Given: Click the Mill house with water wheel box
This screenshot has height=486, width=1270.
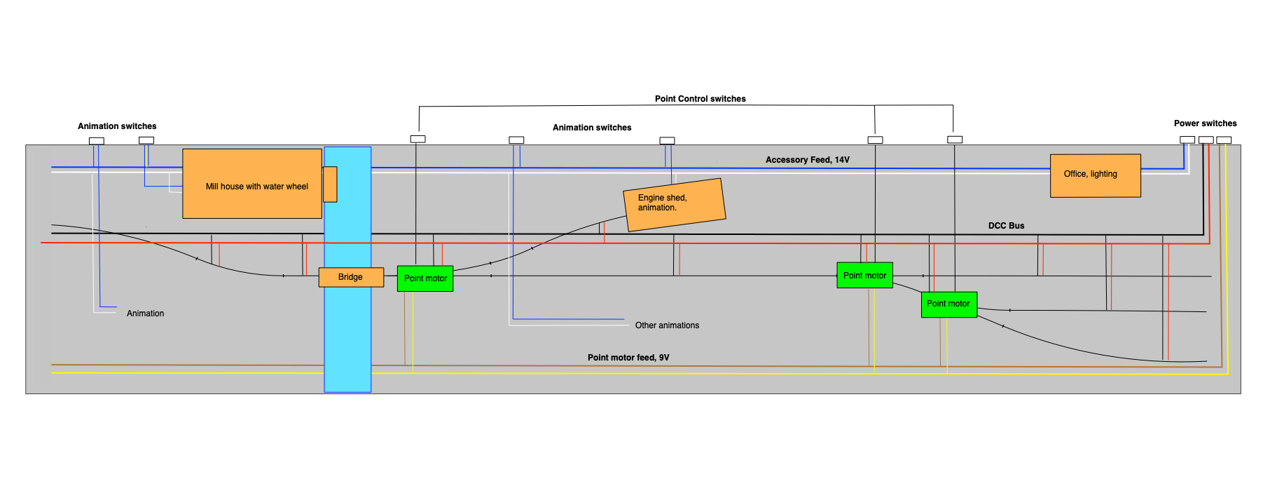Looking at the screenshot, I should [x=252, y=184].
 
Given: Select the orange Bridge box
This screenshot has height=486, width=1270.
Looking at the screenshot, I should [x=351, y=277].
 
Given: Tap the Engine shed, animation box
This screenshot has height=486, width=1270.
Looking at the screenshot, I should [x=674, y=204].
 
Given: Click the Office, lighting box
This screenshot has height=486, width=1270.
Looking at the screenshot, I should [x=1095, y=175].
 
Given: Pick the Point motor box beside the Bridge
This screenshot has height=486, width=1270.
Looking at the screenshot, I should [x=425, y=278].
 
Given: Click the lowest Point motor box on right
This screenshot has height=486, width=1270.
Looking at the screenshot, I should [x=948, y=304].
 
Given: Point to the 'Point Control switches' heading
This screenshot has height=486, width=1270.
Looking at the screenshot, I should [x=700, y=99].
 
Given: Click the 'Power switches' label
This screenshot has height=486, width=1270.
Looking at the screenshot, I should [x=1205, y=123].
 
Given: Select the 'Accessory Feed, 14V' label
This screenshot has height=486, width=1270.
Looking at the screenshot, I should [x=807, y=160].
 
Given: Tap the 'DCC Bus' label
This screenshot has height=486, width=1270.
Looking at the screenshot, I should [x=1006, y=226].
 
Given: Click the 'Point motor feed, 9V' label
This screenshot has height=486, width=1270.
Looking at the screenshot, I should [x=628, y=358].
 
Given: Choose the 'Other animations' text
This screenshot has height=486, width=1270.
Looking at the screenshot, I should [x=667, y=325].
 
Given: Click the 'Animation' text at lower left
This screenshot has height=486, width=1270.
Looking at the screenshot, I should [x=145, y=313].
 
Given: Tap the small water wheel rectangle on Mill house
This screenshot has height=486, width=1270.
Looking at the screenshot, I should [x=330, y=184].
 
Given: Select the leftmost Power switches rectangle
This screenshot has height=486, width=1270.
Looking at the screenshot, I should [x=1187, y=140].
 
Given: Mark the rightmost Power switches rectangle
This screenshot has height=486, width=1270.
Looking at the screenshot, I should [x=1224, y=140].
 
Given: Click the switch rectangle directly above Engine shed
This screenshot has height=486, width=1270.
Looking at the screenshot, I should [x=667, y=141].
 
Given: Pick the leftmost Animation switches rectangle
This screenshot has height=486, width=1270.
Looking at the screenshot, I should [x=97, y=141].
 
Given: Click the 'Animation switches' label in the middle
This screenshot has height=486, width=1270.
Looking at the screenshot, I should [x=592, y=128].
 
